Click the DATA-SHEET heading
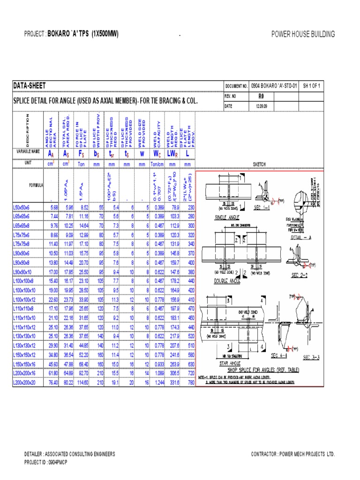click(x=29, y=86)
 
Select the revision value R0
click(x=262, y=96)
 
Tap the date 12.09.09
click(x=262, y=106)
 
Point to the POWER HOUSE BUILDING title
click(x=303, y=34)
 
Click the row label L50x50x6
click(x=22, y=206)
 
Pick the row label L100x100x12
click(x=25, y=300)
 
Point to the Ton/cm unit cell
click(x=158, y=165)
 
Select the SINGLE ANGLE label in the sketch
click(x=227, y=217)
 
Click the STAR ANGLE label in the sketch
click(x=230, y=363)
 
